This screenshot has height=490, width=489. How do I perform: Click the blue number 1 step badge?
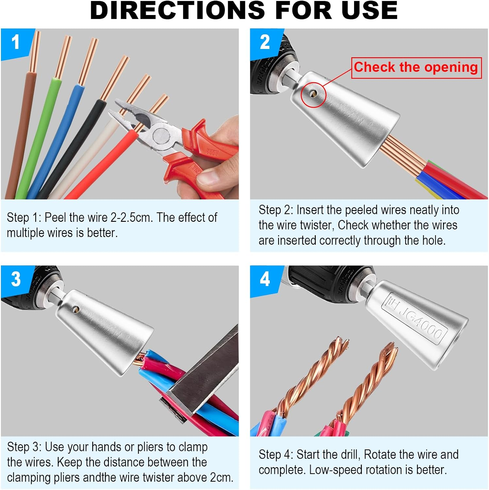(15, 43)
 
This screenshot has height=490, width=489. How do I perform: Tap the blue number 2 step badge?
(265, 43)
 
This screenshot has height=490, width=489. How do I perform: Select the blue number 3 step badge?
(16, 280)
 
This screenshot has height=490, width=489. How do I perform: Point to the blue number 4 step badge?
(265, 280)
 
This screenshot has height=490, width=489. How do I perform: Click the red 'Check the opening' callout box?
(416, 68)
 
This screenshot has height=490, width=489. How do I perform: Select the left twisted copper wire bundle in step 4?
(310, 376)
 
